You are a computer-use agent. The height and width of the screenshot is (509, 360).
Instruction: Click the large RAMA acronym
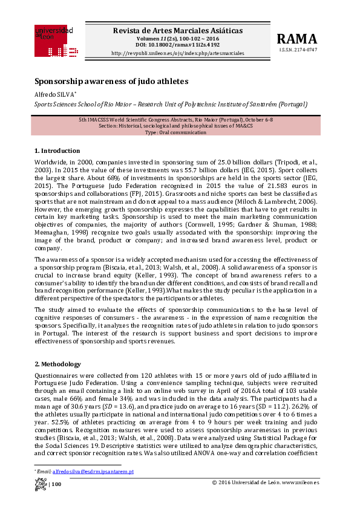[296, 39]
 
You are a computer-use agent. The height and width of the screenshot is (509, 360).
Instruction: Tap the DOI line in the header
[178, 44]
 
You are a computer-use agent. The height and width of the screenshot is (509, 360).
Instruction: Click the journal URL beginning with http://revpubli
[178, 53]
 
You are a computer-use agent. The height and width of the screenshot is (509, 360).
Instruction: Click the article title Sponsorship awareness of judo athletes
[111, 80]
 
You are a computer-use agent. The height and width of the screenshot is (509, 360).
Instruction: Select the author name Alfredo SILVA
[54, 94]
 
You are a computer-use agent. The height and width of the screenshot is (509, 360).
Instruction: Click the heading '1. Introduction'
[57, 151]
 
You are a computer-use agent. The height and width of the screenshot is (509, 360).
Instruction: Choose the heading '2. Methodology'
[58, 365]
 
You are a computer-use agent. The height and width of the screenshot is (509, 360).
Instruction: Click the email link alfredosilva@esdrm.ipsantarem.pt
[101, 471]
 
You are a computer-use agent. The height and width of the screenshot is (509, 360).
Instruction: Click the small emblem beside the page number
[41, 484]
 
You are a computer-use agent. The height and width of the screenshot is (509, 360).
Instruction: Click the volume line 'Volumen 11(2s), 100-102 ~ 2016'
[178, 37]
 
